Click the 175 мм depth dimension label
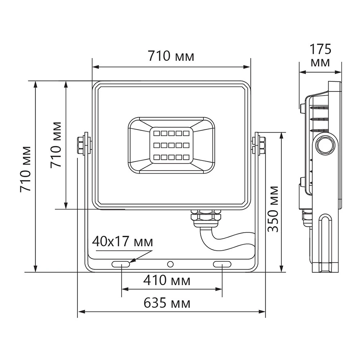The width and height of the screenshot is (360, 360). tap(320, 55)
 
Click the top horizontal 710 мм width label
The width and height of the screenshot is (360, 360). tap(171, 56)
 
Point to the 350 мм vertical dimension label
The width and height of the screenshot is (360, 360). tap(274, 209)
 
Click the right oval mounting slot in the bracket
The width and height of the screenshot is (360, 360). tap(222, 265)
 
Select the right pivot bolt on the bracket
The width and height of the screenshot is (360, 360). tap(259, 144)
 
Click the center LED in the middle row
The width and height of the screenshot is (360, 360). tap(171, 145)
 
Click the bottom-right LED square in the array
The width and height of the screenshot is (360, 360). tap(185, 157)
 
